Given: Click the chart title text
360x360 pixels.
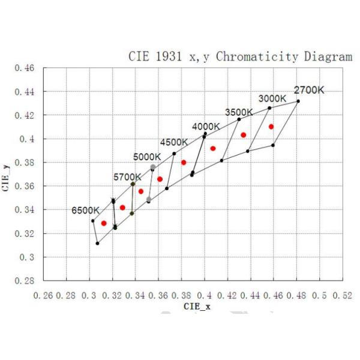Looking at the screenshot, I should click(241, 57).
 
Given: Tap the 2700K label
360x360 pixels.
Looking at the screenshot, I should click(308, 90).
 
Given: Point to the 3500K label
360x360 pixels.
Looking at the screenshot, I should click(239, 112).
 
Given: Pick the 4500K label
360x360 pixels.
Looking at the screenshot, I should click(174, 142).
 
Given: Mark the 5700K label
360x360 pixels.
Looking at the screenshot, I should click(127, 177).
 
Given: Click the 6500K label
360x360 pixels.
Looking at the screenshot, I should click(85, 211).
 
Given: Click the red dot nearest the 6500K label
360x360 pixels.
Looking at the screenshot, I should click(104, 223).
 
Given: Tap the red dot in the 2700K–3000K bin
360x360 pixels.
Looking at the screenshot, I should click(271, 127).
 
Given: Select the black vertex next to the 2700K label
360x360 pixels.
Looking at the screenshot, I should click(298, 101).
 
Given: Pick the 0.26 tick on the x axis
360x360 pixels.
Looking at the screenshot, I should click(44, 296).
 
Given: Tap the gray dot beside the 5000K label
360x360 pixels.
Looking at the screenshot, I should click(153, 167).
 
